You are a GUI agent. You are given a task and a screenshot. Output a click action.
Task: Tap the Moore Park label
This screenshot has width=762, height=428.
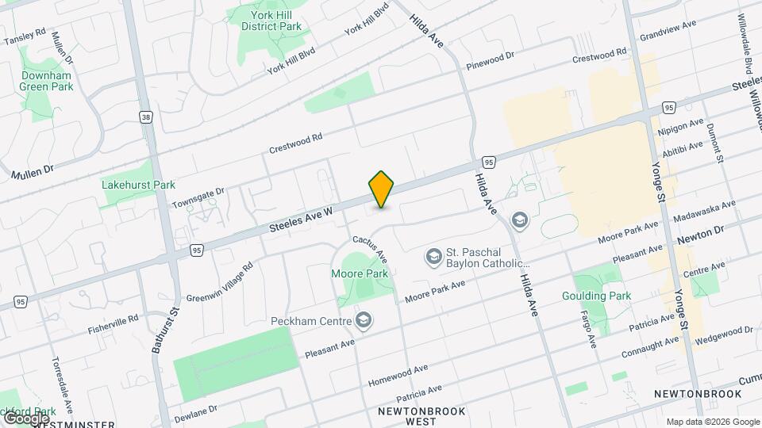pyautogui.click(x=360, y=273)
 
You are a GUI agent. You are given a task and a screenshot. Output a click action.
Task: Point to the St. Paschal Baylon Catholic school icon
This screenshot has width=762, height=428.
pyautogui.click(x=433, y=256)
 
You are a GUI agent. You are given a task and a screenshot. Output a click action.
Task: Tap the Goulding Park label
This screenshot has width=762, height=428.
pyautogui.click(x=607, y=296)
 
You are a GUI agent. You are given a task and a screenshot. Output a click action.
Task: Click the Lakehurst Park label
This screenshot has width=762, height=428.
pyautogui.click(x=138, y=185)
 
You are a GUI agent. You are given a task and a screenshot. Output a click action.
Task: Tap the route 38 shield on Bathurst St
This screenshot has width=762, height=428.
pyautogui.click(x=145, y=117)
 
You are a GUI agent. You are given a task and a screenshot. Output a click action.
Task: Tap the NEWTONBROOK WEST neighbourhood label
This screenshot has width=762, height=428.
pyautogui.click(x=419, y=416)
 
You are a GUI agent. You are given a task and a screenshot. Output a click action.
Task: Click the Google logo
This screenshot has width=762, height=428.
pyautogui.click(x=25, y=417)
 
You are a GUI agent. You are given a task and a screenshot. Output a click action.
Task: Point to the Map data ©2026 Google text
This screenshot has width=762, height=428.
pyautogui.click(x=712, y=422)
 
